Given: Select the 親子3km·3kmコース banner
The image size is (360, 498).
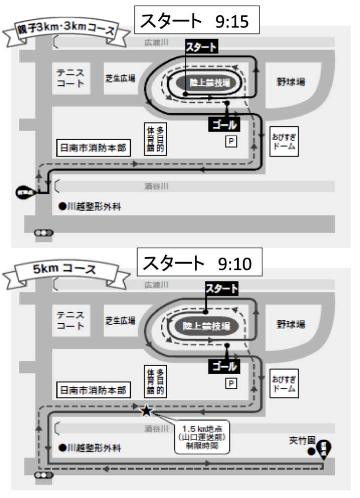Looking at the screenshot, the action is click(66, 31).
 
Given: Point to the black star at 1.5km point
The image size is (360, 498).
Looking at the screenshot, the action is click(146, 410).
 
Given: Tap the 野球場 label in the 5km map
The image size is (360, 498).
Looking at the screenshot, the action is click(290, 324).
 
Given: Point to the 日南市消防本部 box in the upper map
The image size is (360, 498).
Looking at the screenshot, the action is click(92, 149).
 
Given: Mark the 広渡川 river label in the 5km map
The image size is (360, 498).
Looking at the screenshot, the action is click(156, 285).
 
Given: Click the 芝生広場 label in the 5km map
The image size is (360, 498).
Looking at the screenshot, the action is click(120, 320).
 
